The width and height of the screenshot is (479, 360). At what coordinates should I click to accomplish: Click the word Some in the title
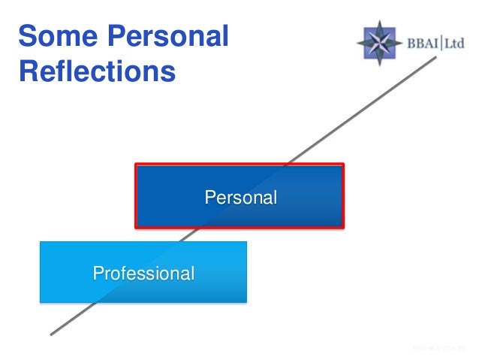(x=50, y=36)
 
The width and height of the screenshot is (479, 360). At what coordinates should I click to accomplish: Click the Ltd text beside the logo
(x=455, y=43)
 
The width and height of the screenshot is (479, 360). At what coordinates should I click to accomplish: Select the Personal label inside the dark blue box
(x=241, y=198)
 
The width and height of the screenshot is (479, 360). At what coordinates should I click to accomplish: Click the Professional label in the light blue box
(x=143, y=273)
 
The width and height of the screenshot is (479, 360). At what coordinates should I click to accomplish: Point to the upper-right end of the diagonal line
(x=435, y=57)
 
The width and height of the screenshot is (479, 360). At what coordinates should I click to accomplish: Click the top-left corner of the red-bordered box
(x=136, y=165)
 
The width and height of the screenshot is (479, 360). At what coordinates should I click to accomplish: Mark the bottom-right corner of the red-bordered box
(x=343, y=226)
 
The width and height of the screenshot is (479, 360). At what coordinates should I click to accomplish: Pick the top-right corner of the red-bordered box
(x=343, y=165)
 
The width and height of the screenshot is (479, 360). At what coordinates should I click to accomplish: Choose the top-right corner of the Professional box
(x=246, y=242)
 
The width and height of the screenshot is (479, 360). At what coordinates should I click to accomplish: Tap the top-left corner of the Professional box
(x=41, y=242)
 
